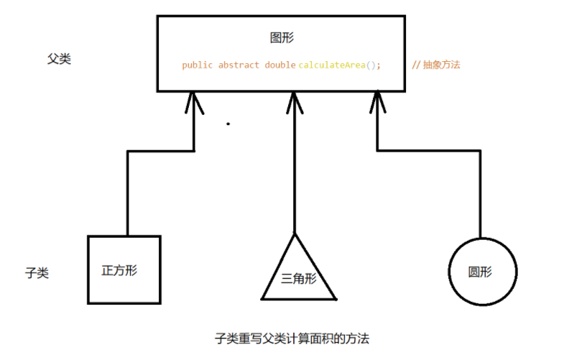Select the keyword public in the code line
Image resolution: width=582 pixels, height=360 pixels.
coord(197,65)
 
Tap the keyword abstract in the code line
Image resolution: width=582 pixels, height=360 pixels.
coord(239,65)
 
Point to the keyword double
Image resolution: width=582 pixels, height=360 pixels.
coord(280,65)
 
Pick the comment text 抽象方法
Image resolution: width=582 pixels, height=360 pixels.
coord(442,65)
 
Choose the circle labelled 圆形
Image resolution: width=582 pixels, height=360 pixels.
coord(482,272)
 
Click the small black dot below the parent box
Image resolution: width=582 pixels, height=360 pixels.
coord(228,124)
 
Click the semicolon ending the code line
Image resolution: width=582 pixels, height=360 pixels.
coord(379,65)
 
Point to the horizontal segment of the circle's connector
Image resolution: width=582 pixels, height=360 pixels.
coord(428,151)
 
